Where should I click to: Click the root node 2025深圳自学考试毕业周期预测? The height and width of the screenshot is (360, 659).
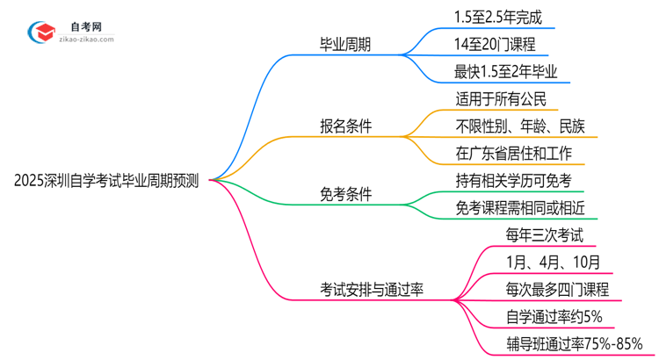click(x=106, y=181)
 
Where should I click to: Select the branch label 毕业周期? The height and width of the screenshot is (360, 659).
click(x=346, y=45)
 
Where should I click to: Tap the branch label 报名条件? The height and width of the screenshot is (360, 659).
click(x=346, y=126)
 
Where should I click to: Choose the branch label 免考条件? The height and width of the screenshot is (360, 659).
click(x=346, y=194)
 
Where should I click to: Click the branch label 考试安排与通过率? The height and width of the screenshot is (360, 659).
click(x=372, y=289)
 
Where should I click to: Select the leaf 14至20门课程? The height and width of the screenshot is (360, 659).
click(x=495, y=44)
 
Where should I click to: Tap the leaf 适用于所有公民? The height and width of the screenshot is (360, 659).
click(x=501, y=99)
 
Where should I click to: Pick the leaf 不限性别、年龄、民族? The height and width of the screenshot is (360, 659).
click(x=525, y=126)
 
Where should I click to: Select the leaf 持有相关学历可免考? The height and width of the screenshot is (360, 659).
click(x=513, y=181)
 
